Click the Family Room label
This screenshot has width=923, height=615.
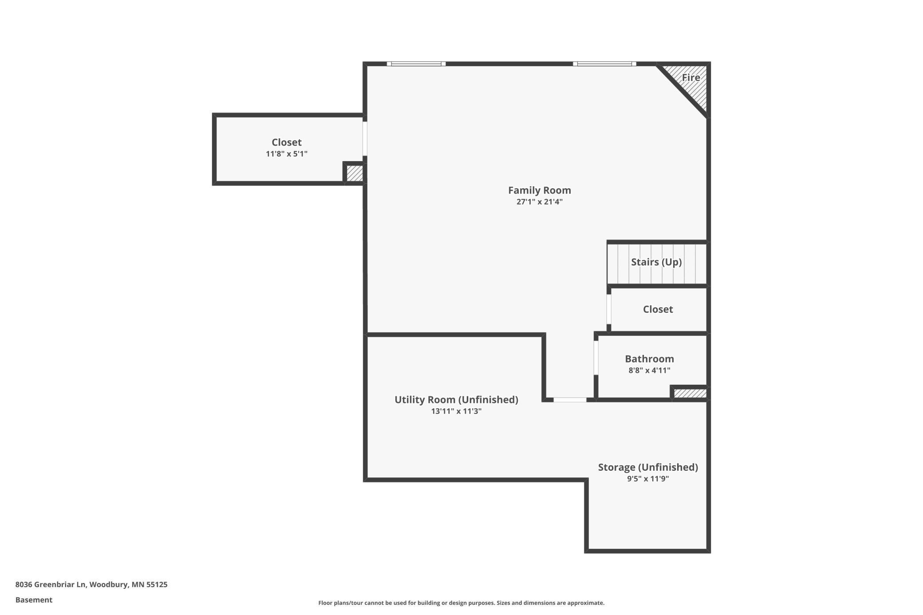(539, 190)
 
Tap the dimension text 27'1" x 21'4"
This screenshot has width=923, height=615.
(539, 202)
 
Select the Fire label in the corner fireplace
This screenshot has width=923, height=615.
(690, 78)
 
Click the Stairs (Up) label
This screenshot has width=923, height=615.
(656, 262)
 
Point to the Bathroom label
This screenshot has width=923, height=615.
(649, 359)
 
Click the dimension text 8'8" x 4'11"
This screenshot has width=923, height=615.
(649, 371)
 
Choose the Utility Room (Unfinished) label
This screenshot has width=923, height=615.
(456, 400)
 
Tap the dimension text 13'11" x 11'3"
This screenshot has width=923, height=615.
(456, 411)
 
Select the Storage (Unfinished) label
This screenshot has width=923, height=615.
(647, 467)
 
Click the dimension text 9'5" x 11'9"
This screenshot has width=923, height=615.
(647, 479)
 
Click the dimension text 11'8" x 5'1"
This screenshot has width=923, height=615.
(286, 154)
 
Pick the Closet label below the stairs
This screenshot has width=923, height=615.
(658, 309)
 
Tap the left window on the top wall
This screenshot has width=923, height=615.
(416, 64)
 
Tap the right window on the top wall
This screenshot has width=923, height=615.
(604, 64)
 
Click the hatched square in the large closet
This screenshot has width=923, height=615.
(354, 173)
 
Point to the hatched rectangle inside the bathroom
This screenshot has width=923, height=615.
(690, 394)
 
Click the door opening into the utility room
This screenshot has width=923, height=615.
(570, 400)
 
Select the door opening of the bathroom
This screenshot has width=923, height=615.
(596, 358)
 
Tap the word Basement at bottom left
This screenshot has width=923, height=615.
(34, 600)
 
